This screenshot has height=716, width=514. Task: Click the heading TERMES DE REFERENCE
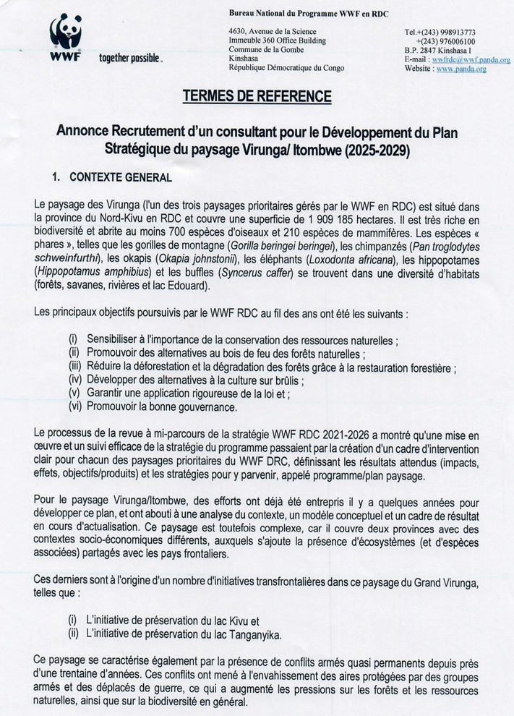(257, 96)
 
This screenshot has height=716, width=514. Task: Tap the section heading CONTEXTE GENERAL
(119, 176)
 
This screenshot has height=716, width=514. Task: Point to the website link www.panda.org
(461, 69)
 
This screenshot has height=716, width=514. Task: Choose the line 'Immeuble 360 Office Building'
(275, 41)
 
